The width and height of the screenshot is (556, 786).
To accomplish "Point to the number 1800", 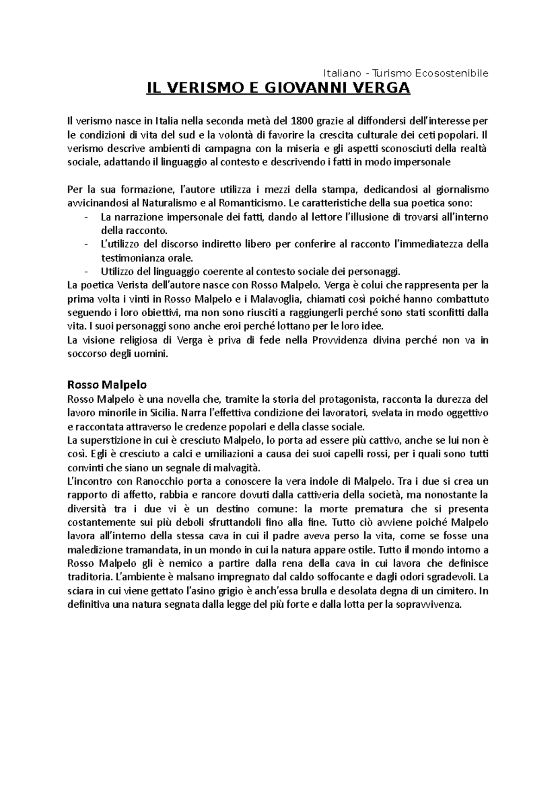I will pyautogui.click(x=300, y=122).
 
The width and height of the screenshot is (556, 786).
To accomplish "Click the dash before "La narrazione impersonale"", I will pyautogui.click(x=86, y=217).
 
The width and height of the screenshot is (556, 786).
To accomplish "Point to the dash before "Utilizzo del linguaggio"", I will pyautogui.click(x=86, y=271).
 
